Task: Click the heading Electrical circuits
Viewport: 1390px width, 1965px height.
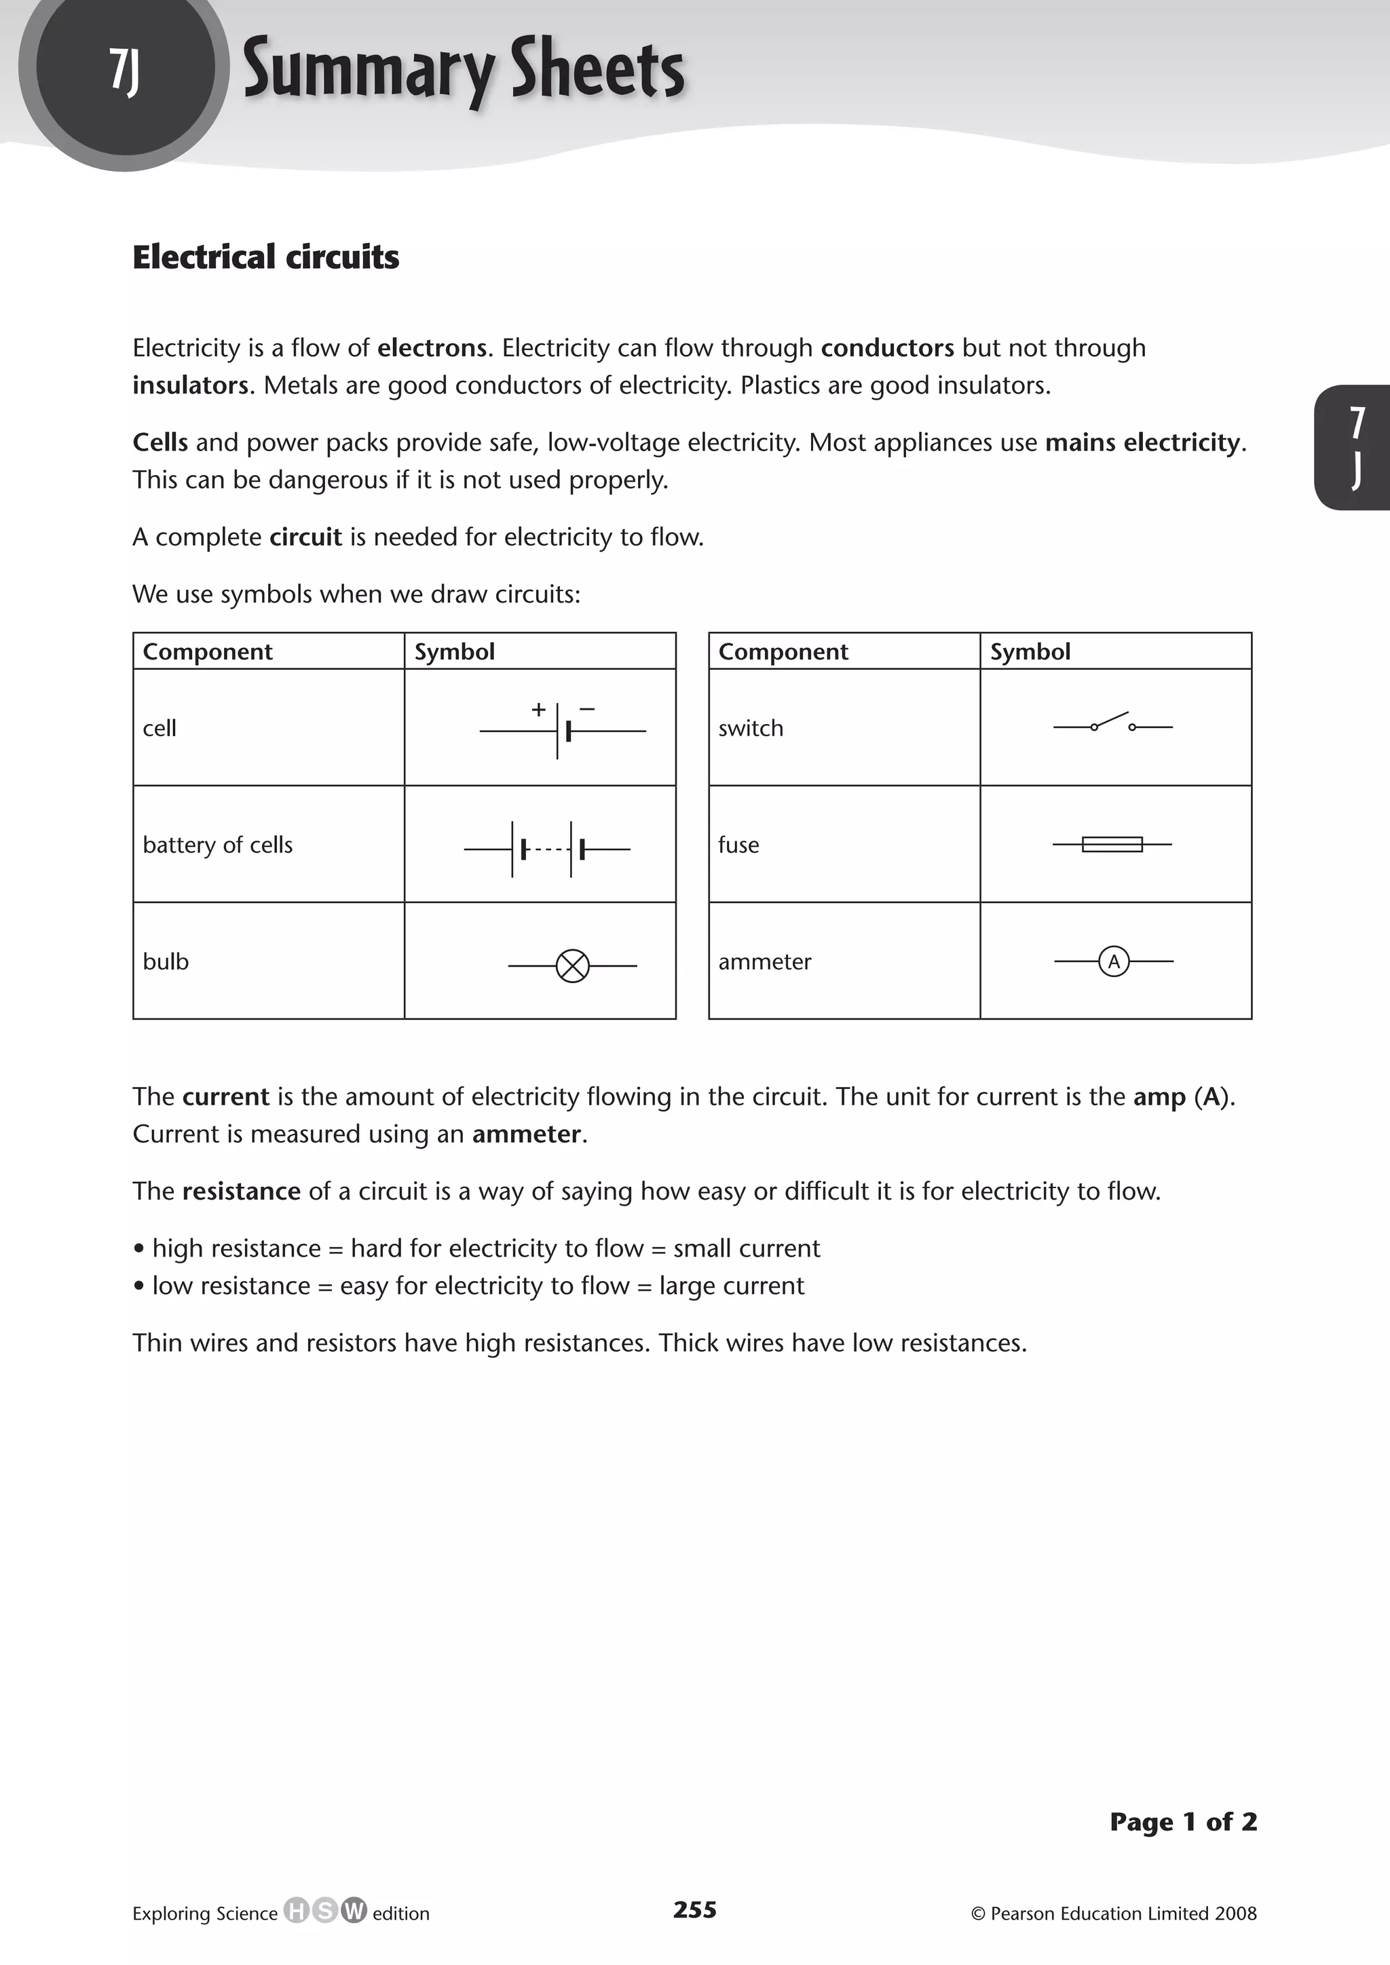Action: [265, 256]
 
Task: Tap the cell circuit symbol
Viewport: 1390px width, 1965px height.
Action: [563, 731]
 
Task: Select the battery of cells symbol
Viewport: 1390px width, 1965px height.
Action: [548, 849]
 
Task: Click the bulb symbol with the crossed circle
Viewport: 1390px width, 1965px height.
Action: [573, 966]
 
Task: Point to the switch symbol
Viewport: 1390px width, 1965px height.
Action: [1112, 725]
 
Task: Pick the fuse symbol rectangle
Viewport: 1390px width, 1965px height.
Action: [1112, 845]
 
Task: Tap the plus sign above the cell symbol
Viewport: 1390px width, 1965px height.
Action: [538, 708]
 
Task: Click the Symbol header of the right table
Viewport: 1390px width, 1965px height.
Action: [1030, 651]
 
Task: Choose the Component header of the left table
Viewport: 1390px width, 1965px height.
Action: [207, 651]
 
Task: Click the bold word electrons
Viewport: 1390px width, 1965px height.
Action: [432, 347]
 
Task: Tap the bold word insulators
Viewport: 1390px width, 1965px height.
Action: [190, 385]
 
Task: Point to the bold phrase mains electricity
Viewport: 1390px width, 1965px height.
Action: [1142, 442]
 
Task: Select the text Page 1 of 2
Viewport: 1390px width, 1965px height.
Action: [1183, 1821]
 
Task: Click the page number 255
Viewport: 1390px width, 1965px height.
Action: [694, 1909]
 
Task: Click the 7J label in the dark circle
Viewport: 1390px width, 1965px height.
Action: [124, 70]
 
